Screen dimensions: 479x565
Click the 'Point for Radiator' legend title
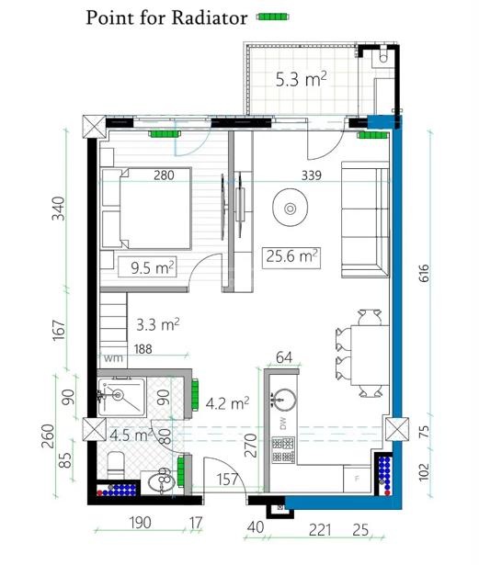(166, 17)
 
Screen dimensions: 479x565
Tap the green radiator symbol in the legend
(272, 17)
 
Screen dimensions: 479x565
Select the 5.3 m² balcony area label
(302, 79)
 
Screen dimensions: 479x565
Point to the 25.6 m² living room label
(291, 257)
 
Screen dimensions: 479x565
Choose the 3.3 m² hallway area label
(157, 324)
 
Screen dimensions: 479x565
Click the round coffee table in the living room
(290, 208)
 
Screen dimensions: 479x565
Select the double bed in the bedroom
(146, 209)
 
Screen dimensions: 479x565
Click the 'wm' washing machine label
(113, 358)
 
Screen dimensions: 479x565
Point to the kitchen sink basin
(285, 400)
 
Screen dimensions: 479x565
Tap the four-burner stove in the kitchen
(283, 449)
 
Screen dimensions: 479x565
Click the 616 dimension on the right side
(424, 273)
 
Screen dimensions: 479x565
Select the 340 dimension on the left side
(59, 209)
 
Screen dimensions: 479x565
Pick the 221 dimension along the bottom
(320, 530)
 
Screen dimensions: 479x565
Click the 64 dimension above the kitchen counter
(284, 357)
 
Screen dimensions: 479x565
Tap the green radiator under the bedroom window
(165, 134)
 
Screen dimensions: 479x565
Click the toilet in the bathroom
(116, 465)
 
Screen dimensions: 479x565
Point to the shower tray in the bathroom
(122, 397)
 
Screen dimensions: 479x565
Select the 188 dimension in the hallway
(143, 349)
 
